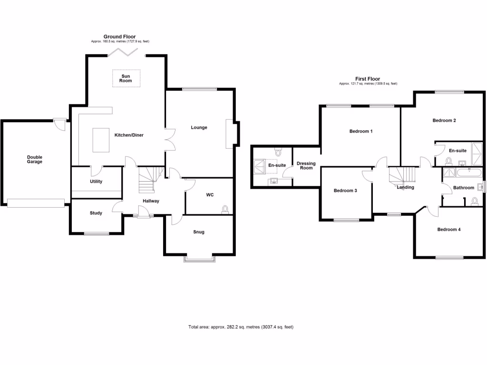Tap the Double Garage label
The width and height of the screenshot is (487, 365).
(x=34, y=159)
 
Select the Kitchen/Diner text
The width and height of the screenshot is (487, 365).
(x=129, y=135)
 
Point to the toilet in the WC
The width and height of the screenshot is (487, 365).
(x=225, y=209)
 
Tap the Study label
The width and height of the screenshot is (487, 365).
(x=96, y=213)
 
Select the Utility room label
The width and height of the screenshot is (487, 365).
(x=96, y=182)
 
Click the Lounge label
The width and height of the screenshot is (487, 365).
(x=199, y=127)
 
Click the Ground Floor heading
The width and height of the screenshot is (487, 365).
(x=120, y=37)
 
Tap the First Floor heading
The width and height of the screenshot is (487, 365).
(x=368, y=79)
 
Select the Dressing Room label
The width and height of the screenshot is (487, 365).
(x=306, y=165)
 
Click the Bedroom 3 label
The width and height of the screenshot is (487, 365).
(x=345, y=191)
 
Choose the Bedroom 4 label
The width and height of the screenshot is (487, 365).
(x=449, y=230)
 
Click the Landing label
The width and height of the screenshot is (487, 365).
(x=406, y=187)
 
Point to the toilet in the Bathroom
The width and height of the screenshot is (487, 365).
(x=474, y=201)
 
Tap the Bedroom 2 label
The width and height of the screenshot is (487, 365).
(x=444, y=120)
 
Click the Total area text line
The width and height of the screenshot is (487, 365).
(x=243, y=327)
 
